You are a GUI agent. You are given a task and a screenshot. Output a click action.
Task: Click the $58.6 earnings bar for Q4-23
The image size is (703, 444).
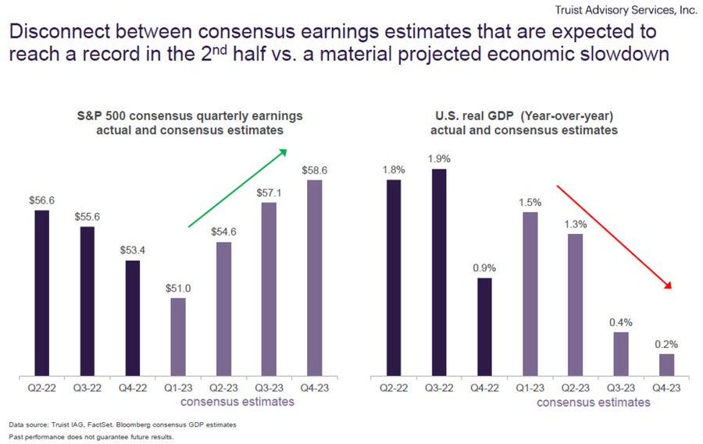(x=314, y=278)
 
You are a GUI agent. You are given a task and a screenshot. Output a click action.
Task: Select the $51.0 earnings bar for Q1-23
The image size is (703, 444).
(x=178, y=337)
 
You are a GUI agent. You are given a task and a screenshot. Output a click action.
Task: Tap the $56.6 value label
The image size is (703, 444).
(x=41, y=201)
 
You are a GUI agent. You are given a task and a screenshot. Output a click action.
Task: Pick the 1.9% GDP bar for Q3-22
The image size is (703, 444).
(x=439, y=272)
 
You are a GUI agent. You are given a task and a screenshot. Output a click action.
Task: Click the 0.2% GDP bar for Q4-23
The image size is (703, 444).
(x=666, y=365)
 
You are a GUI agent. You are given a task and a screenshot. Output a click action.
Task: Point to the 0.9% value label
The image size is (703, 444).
(x=484, y=268)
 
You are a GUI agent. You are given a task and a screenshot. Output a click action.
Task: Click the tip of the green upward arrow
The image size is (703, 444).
(x=287, y=150)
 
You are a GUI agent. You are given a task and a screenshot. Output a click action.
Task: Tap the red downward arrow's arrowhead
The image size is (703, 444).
(x=669, y=286)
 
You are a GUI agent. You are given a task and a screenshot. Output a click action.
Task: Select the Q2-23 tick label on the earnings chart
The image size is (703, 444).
(x=223, y=388)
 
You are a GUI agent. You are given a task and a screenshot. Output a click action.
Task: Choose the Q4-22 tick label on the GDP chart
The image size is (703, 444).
(x=484, y=388)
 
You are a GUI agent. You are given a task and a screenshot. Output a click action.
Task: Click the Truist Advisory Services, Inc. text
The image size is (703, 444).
(x=626, y=10)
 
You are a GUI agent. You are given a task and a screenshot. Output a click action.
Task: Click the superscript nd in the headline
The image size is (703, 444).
(x=219, y=50)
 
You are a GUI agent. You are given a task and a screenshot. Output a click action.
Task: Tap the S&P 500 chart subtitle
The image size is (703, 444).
(x=190, y=123)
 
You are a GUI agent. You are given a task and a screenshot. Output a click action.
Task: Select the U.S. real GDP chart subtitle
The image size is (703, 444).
(x=524, y=123)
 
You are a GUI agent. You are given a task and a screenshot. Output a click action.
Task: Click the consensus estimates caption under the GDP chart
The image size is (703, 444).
(x=594, y=403)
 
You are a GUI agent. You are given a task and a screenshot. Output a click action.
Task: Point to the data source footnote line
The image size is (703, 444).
(x=123, y=424)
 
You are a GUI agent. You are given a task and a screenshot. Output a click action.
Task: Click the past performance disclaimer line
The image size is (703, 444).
(x=91, y=437)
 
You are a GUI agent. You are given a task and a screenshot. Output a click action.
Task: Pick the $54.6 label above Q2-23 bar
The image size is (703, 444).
(x=223, y=232)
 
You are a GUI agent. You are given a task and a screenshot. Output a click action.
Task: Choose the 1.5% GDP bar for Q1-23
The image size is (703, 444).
(x=530, y=294)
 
